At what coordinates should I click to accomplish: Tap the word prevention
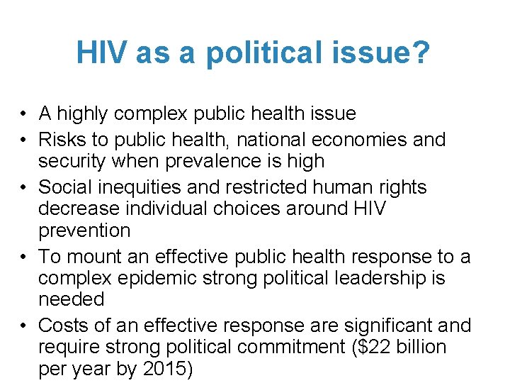84,231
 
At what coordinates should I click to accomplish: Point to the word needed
71,299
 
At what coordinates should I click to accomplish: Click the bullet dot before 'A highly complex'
24,113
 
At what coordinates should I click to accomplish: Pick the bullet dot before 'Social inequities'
24,188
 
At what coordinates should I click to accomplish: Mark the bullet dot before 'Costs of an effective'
24,326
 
